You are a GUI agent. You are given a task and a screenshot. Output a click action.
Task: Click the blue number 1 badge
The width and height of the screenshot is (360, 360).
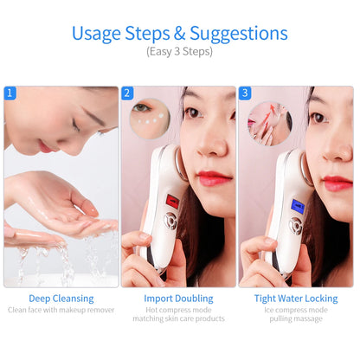click(10, 93)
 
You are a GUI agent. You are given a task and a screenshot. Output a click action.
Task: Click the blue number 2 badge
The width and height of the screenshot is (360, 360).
click(127, 93)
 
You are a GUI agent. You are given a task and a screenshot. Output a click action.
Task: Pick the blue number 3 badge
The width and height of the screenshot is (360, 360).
click(245, 93)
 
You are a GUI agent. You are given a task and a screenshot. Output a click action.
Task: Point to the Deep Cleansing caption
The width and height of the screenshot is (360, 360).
click(61, 298)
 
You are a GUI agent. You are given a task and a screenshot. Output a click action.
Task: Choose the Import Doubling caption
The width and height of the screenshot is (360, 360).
click(178, 298)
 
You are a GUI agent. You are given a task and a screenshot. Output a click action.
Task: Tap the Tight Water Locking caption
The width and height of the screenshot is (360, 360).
click(297, 298)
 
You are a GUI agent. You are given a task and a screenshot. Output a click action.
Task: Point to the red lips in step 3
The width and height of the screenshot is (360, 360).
click(337, 183)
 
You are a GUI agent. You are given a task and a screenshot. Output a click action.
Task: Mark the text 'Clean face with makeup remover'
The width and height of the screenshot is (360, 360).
click(61, 309)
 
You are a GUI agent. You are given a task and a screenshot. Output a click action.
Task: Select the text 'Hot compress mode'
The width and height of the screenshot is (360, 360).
click(178, 309)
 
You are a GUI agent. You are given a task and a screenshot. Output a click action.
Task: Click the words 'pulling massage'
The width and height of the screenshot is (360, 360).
click(297, 318)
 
